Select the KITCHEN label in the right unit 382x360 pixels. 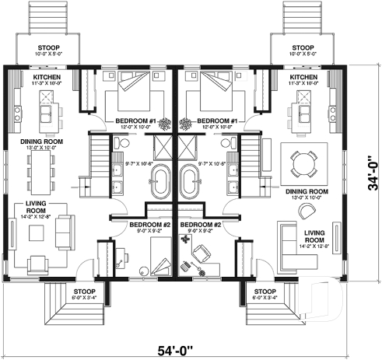303,79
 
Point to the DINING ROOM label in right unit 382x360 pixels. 304,191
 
